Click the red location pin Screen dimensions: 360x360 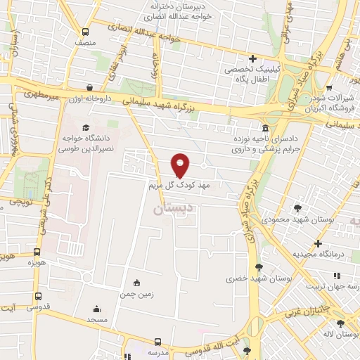181,165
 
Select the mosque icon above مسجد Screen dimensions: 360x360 97,309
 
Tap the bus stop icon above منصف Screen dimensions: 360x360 86,32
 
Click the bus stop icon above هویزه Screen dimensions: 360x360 37,252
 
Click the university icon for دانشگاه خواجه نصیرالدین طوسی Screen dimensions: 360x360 86,128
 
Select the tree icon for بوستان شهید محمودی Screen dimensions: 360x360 298,208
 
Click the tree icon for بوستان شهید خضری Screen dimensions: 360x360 259,267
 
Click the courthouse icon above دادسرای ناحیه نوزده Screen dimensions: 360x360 265,128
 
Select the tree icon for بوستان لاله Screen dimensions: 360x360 341,323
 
